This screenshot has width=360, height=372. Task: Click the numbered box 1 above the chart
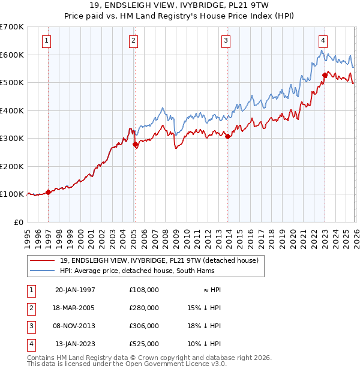tap(47, 41)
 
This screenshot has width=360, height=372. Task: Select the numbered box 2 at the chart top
tap(133, 41)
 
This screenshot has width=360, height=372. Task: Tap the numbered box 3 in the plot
tap(226, 41)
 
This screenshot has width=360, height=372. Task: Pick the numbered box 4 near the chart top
tap(323, 41)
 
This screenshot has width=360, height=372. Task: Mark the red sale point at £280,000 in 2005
tap(135, 144)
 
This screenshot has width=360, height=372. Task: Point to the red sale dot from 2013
tap(228, 137)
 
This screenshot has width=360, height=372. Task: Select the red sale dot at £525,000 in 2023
tap(325, 76)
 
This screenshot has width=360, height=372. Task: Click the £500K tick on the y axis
tap(12, 83)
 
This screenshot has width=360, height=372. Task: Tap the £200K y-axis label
tap(12, 166)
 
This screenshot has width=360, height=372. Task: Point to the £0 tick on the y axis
tap(19, 222)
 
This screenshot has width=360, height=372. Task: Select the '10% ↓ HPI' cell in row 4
tap(204, 344)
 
